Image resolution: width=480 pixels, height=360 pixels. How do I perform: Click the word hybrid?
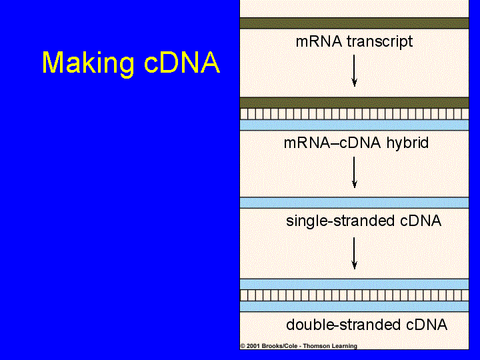(x=407, y=143)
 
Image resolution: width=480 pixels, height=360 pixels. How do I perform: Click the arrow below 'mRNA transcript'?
(x=355, y=69)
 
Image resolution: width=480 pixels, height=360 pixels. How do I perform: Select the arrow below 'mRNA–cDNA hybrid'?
(x=355, y=173)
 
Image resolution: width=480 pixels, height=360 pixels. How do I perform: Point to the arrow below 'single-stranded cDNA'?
(x=355, y=253)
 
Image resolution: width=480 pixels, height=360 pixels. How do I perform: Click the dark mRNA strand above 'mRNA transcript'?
(x=354, y=23)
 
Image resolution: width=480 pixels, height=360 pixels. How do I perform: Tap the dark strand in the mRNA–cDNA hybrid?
(x=354, y=103)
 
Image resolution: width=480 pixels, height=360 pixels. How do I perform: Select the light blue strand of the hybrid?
(x=354, y=125)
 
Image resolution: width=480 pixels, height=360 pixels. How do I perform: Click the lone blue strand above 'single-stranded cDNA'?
(x=354, y=203)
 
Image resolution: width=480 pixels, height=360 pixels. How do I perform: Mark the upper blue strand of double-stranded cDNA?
(x=354, y=284)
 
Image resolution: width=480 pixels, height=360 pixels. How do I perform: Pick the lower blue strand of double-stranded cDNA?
(x=354, y=306)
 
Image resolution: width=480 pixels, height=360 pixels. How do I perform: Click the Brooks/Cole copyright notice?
(x=299, y=346)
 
